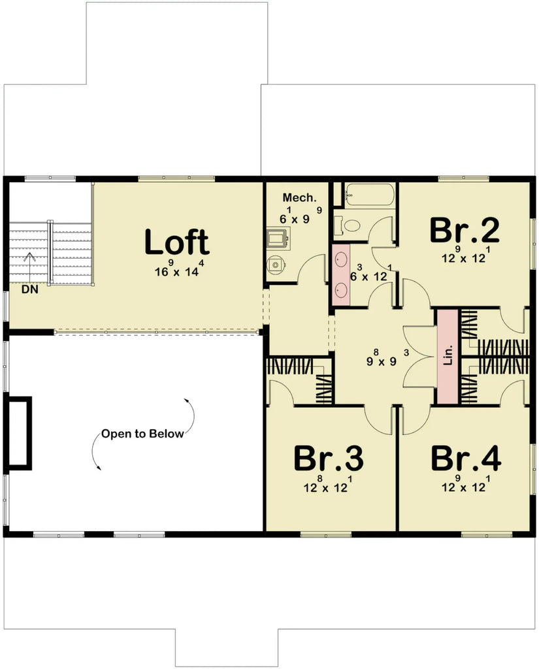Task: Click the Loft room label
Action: click(x=176, y=242)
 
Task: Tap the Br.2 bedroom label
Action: click(x=465, y=230)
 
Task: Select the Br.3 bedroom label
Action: click(x=329, y=459)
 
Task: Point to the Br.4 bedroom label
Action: click(x=466, y=459)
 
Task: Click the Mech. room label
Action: click(x=299, y=197)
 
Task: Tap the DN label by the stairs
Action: click(x=29, y=289)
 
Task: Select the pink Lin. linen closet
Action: click(x=447, y=357)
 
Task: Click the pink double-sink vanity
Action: click(x=340, y=274)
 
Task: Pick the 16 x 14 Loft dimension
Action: click(x=176, y=270)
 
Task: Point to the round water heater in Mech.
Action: click(x=276, y=265)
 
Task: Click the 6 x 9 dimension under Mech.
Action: click(x=295, y=219)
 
